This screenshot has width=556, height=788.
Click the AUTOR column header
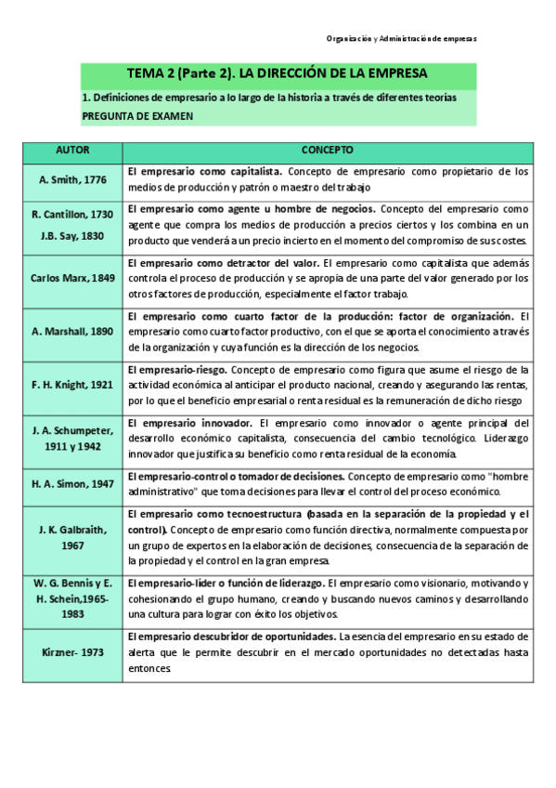[72, 151]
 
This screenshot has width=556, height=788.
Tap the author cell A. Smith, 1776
[72, 177]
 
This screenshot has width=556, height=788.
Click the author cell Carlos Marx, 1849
[72, 277]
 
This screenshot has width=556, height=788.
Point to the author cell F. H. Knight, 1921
[72, 384]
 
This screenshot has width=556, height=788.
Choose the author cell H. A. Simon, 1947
[72, 483]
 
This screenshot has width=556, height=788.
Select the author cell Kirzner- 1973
[72, 652]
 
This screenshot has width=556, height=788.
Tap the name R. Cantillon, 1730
[72, 215]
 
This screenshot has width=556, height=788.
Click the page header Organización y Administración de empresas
[401, 39]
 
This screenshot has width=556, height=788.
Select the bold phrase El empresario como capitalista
[203, 172]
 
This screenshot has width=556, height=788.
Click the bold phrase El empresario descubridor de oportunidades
[232, 637]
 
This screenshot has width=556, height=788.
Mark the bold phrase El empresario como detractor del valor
[223, 263]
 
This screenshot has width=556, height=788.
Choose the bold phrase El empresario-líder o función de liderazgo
[226, 583]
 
